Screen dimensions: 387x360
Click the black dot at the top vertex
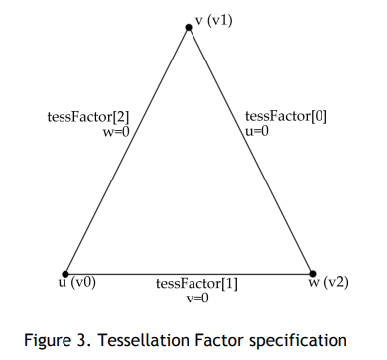point(189,27)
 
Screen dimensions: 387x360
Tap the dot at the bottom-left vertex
point(65,274)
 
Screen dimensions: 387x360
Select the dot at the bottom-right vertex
point(313,274)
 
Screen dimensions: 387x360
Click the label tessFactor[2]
point(88,117)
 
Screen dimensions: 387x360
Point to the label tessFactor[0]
point(286,116)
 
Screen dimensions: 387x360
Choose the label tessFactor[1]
point(196,284)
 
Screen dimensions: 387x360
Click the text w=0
point(116,132)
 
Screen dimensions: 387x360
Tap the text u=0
point(257,131)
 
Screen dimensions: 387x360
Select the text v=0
point(197,299)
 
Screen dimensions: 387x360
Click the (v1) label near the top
point(220,21)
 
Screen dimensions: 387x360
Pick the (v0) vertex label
point(83,283)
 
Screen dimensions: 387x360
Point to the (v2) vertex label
point(335,282)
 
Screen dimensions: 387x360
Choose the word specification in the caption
point(298,340)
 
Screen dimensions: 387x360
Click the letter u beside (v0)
point(63,283)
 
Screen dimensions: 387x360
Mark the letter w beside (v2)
point(314,282)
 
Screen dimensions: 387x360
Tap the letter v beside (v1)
point(199,21)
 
